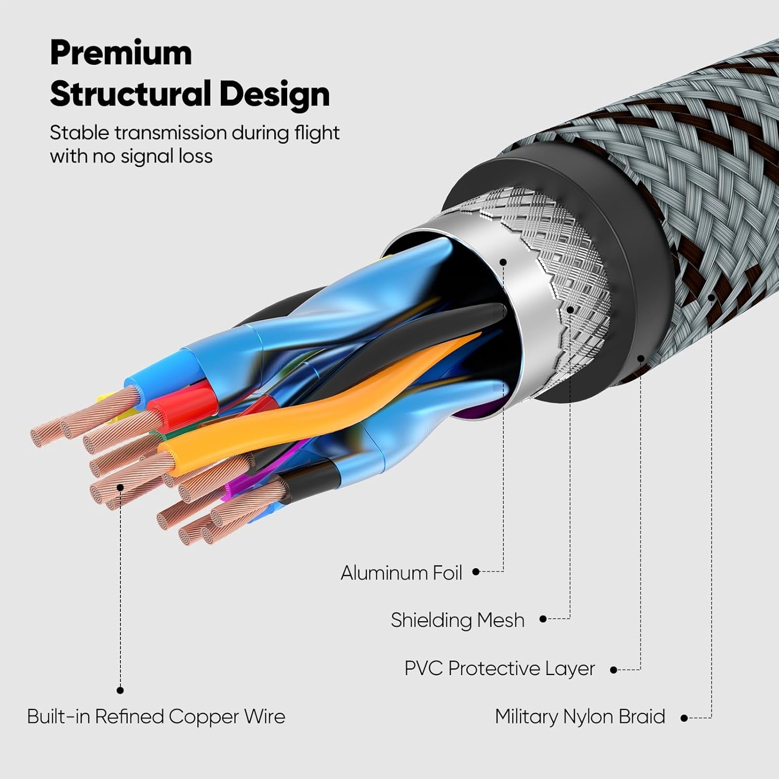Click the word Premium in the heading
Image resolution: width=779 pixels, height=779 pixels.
[x=121, y=53]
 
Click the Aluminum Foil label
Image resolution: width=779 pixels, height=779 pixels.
[x=401, y=573]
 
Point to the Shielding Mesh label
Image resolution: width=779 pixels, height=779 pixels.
[x=458, y=620]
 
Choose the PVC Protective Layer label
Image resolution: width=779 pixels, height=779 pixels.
[x=499, y=668]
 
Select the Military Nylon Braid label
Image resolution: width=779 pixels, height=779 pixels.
[x=580, y=717]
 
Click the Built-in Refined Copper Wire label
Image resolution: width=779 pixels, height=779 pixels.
[x=156, y=717]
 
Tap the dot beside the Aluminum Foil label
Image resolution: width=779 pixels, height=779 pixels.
[x=476, y=572]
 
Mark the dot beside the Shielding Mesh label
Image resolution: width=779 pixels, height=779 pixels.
[x=543, y=619]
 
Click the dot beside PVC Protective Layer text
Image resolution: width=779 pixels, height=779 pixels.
[x=613, y=670]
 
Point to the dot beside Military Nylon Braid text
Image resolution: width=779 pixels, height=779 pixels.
[x=684, y=718]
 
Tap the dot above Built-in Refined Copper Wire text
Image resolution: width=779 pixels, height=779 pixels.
[x=120, y=690]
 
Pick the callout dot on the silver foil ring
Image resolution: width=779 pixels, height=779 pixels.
[x=503, y=262]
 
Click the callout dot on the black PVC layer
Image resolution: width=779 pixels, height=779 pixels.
[x=641, y=358]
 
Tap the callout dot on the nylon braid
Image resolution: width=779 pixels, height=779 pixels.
[x=711, y=297]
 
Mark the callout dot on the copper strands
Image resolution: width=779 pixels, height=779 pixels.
[x=120, y=487]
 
